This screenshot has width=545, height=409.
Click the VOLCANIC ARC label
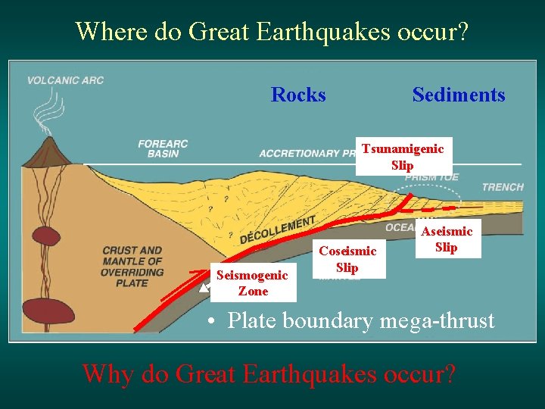click(65, 80)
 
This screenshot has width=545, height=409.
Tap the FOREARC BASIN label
click(163, 148)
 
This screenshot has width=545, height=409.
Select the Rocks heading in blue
click(298, 95)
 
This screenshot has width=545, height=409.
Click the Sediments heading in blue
click(458, 95)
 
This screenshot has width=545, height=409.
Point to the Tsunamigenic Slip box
click(403, 157)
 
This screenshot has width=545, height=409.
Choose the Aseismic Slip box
click(447, 239)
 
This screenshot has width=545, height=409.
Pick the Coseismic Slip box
click(347, 260)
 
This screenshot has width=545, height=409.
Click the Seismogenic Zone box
click(252, 283)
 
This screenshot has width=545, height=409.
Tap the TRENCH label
click(502, 187)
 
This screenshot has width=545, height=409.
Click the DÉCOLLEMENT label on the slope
click(277, 229)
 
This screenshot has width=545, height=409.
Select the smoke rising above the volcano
click(42, 114)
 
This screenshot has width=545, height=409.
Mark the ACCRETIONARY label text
click(299, 154)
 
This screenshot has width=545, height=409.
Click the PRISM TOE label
click(431, 178)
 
